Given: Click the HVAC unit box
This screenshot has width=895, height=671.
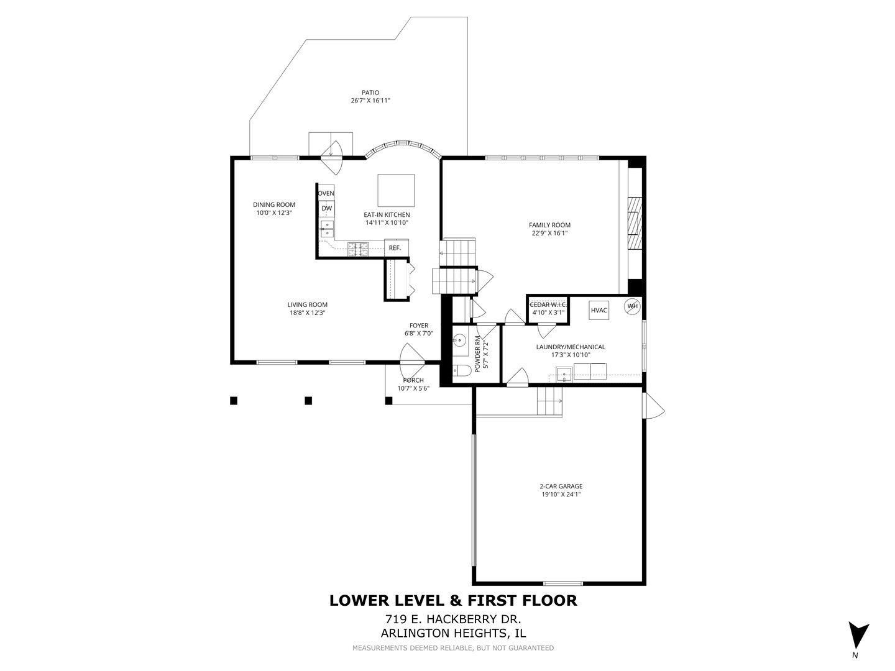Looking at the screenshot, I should coord(599,310).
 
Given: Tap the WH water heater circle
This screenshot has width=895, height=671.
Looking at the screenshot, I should coord(632,306).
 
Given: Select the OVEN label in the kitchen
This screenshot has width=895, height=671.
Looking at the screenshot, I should coord(326,193).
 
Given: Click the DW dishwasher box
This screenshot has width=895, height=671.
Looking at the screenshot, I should coord(326,208).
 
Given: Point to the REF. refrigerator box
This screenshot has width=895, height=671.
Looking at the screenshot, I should coord(395,248).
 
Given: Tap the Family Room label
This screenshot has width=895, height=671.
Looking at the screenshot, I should coord(549,225).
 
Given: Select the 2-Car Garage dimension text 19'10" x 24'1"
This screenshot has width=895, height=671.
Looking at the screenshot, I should coord(561,495).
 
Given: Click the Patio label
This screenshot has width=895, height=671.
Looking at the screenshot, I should coord(370,93).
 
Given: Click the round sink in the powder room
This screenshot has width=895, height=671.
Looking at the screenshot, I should coord(459,340).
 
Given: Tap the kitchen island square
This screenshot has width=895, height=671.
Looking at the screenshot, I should coord(396,190).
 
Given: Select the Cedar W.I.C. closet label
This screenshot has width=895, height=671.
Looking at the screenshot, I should coord(548,304).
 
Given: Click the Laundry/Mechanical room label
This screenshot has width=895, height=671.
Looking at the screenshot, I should coord(571,347).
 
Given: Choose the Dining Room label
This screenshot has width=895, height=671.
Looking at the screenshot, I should coord(274,204).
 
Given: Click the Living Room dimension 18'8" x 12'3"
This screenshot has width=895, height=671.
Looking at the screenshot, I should coord(307,313).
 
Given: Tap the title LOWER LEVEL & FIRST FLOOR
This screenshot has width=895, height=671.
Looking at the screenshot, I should coord(453,600).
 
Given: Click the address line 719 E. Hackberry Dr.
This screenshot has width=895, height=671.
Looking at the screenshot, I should coord(453,619).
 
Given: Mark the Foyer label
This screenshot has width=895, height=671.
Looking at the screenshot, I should coord(418,326).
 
